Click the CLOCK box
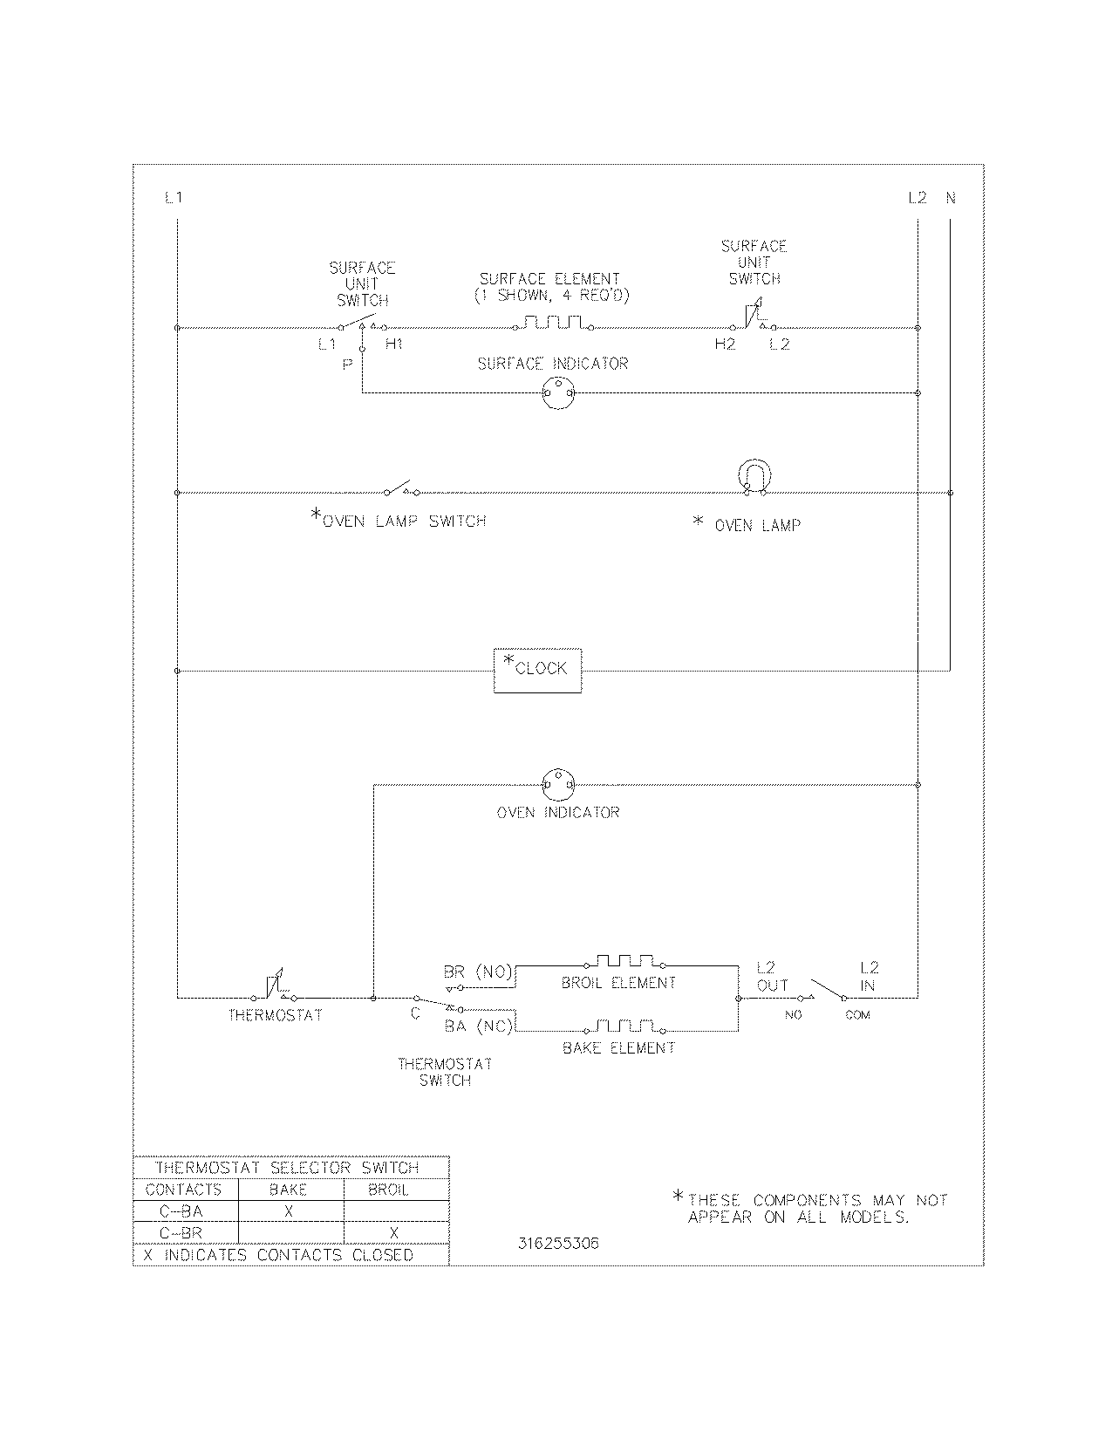coord(537,670)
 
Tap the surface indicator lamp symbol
coord(557,393)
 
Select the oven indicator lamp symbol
coord(557,783)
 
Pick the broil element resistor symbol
coord(624,961)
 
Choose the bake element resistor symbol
coord(624,1026)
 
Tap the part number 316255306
coord(558,1244)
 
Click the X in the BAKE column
coord(289,1211)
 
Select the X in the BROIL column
coord(394,1233)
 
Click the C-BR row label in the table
coord(181,1233)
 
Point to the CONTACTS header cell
coord(183,1190)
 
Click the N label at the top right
coord(951,198)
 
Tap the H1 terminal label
coord(394,344)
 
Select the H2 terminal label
coord(725,344)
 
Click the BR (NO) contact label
coord(478,972)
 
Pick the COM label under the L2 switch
coord(857,1015)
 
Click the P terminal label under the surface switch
coord(347,365)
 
